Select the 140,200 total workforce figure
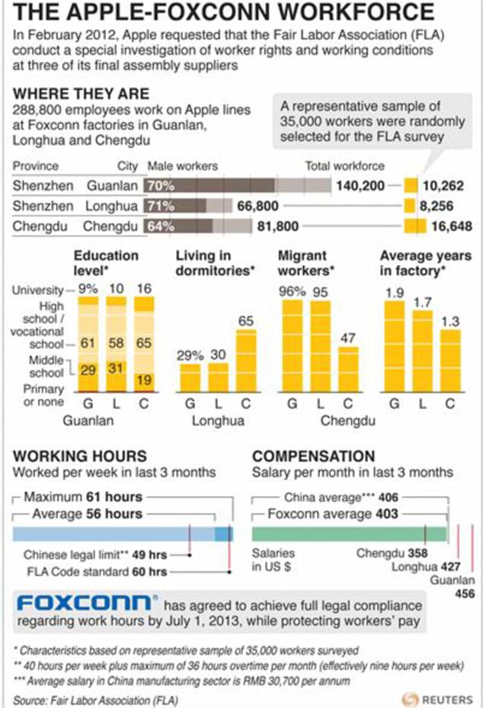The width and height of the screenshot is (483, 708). click(x=360, y=186)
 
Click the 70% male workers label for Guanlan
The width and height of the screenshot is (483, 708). click(x=161, y=186)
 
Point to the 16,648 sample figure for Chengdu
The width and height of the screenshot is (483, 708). click(x=452, y=226)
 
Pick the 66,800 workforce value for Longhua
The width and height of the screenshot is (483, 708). click(x=257, y=206)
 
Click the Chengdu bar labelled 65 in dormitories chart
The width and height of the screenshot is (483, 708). click(x=246, y=360)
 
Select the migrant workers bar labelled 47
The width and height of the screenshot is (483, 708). click(x=348, y=370)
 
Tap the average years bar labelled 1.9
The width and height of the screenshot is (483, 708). click(x=394, y=346)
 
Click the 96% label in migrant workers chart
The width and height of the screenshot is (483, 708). click(x=292, y=291)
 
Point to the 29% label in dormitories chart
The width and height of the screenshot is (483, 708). click(x=190, y=355)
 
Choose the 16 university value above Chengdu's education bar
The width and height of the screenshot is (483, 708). click(x=144, y=289)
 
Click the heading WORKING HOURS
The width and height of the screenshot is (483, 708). click(x=80, y=456)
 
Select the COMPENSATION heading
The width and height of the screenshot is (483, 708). click(x=314, y=456)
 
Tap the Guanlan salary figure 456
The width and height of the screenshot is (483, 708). click(x=465, y=594)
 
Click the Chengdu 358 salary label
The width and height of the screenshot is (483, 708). click(x=392, y=553)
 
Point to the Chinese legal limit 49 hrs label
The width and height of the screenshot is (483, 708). click(x=95, y=555)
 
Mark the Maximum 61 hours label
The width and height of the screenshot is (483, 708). click(x=83, y=497)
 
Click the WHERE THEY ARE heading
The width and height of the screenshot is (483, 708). click(x=82, y=94)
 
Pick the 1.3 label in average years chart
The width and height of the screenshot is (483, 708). click(x=450, y=322)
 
